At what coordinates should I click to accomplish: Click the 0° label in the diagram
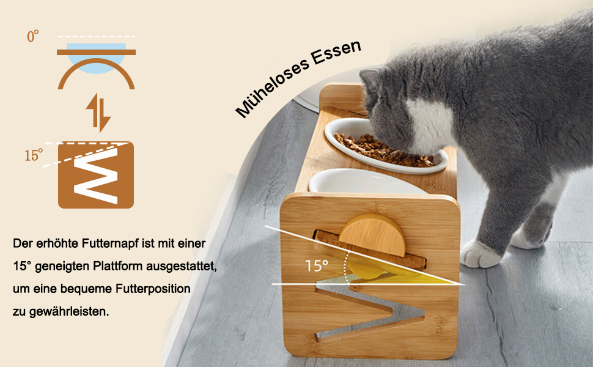coord(33,36)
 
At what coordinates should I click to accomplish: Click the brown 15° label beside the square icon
coord(34,155)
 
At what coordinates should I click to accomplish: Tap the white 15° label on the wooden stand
coord(317,265)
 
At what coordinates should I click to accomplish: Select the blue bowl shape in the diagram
coord(96,58)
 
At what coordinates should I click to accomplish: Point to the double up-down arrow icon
coord(98,113)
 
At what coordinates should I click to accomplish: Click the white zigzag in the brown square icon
coord(96,175)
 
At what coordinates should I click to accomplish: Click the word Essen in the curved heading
coord(336,51)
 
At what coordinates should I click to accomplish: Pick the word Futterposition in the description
coord(153,289)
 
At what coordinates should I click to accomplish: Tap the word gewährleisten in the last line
coord(69,312)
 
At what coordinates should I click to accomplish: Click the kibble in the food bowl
coord(382,150)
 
